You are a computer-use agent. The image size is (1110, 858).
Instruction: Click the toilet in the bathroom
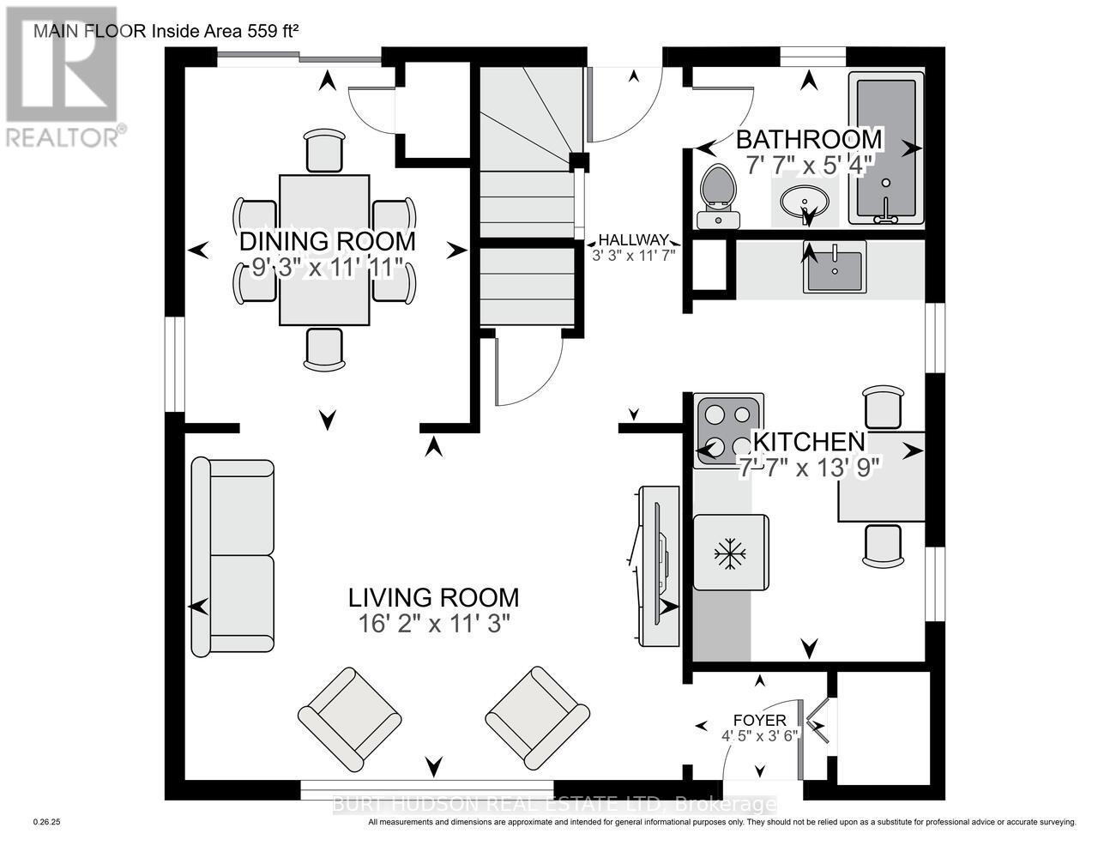click(x=719, y=196)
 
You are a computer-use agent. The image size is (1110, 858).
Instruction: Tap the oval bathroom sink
click(x=805, y=202)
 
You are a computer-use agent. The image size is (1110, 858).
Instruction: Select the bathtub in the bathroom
click(x=886, y=148)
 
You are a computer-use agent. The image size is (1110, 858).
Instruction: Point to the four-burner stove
click(x=728, y=431)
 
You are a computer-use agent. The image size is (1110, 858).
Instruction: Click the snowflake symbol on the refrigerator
click(x=730, y=553)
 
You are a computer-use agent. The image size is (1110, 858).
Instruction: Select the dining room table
click(x=324, y=251)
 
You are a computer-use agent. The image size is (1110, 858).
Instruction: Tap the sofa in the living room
click(x=232, y=557)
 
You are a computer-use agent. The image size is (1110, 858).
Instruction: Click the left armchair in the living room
click(x=349, y=719)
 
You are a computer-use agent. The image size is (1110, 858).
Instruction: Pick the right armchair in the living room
click(x=537, y=718)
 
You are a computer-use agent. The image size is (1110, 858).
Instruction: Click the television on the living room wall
click(x=659, y=566)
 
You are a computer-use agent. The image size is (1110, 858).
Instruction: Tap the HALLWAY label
click(x=633, y=239)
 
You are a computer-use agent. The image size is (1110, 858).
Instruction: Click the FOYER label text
click(x=759, y=720)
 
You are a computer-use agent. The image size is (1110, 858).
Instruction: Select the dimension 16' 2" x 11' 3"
click(x=434, y=624)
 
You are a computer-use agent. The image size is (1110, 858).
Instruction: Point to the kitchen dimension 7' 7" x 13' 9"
click(x=810, y=468)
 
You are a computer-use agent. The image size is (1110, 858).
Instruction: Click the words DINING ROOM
click(x=328, y=242)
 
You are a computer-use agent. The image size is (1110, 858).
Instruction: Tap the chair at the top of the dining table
click(x=324, y=150)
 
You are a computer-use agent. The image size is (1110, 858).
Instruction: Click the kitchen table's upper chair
click(x=883, y=407)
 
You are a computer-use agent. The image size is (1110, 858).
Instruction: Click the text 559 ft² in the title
click(x=272, y=31)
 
